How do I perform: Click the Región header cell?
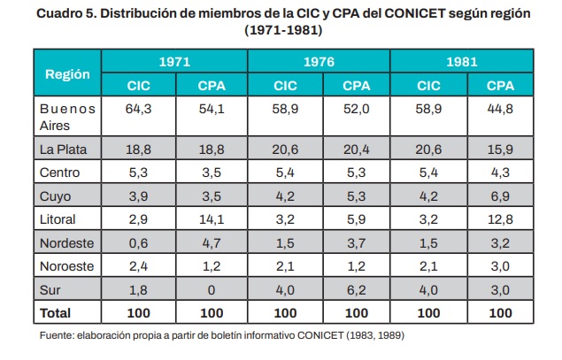tap(67, 74)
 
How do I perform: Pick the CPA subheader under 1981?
tap(501, 86)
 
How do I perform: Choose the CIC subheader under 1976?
tap(285, 86)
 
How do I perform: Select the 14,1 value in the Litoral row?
tap(211, 218)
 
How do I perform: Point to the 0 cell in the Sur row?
tap(211, 289)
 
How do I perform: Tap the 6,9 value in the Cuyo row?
tap(501, 195)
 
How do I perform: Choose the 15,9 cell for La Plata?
tap(501, 149)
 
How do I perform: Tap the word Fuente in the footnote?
tap(58, 336)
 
